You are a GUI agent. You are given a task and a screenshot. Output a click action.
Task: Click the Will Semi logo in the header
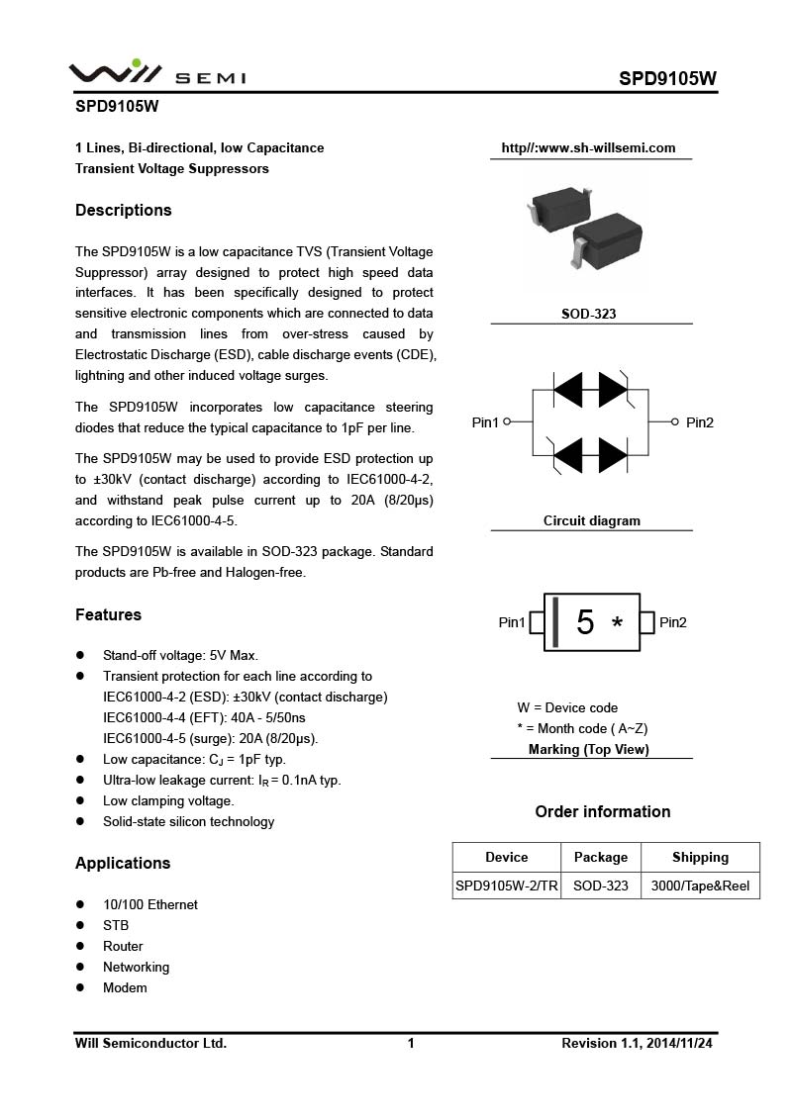(156, 73)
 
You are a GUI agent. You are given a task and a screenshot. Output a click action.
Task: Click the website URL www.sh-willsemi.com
(588, 148)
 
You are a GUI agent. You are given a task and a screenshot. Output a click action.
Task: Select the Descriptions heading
(124, 210)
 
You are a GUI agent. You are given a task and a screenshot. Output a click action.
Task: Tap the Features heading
(108, 614)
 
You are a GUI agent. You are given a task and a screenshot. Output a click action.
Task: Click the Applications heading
(123, 863)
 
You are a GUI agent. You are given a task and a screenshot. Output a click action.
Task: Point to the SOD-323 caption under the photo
(589, 314)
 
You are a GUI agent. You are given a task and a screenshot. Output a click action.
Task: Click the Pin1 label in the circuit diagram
(485, 422)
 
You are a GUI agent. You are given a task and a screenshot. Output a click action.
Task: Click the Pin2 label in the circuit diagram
(699, 422)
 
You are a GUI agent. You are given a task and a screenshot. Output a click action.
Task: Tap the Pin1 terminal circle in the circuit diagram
(507, 421)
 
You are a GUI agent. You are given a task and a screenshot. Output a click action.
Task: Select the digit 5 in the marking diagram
(585, 622)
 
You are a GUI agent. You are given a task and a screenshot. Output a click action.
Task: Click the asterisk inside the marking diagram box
(618, 624)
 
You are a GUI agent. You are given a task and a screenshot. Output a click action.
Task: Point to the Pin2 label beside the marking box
(673, 622)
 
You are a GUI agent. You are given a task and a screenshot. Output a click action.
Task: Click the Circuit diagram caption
(592, 520)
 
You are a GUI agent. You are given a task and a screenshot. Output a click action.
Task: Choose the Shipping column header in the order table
(700, 857)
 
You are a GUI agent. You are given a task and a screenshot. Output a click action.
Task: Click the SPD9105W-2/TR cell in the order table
(507, 886)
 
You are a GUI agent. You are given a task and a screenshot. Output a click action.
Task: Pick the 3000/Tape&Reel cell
(700, 886)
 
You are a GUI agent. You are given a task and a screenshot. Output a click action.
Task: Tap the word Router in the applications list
(123, 946)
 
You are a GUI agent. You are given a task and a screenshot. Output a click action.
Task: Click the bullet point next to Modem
(80, 988)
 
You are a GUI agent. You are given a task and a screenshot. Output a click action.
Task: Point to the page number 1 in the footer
(411, 1043)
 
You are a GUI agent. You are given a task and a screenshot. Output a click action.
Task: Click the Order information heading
(603, 811)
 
